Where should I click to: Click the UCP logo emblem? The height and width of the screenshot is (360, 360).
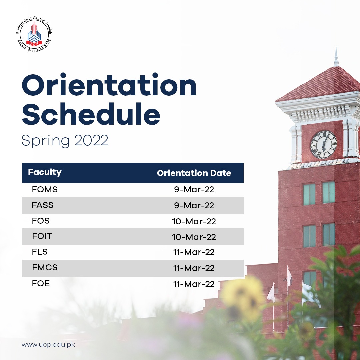[x=34, y=34]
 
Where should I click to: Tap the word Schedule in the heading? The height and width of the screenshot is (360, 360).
[x=91, y=114]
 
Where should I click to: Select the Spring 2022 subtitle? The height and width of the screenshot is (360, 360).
[x=65, y=141]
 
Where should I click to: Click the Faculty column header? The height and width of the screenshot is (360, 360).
[x=45, y=172]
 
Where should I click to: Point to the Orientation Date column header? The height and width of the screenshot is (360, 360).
[x=194, y=173]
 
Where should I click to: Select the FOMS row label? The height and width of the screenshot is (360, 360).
[x=45, y=189]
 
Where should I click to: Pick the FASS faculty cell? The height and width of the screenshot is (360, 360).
[x=43, y=205]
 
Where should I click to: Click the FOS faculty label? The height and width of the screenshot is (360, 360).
[x=41, y=221]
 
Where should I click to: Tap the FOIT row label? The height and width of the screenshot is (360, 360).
[x=42, y=236]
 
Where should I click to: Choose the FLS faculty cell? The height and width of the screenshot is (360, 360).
[x=40, y=252]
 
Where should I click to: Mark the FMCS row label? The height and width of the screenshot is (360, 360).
[x=45, y=267]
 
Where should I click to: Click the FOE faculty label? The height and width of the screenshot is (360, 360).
[x=41, y=284]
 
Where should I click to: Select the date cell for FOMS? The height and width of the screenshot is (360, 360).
[x=194, y=189]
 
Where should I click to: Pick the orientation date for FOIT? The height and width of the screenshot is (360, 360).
[x=194, y=237]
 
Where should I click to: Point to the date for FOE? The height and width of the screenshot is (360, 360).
[x=194, y=284]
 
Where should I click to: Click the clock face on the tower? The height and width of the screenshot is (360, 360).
[x=324, y=145]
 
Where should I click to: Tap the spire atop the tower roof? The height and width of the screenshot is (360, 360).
[x=336, y=57]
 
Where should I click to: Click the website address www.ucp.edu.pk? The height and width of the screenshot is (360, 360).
[x=48, y=345]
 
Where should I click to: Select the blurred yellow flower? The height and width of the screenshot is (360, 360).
[x=243, y=297]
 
